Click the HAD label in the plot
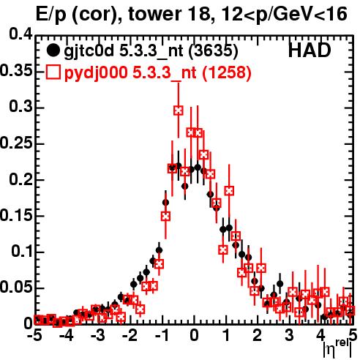(310, 50)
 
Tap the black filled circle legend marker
(53, 50)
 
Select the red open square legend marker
(53, 72)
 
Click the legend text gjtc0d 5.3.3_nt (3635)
(151, 52)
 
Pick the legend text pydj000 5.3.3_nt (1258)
(157, 73)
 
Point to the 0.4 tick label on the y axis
(20, 34)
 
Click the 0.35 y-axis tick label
(16, 71)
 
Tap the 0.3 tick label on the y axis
(20, 107)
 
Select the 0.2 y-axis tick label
(20, 179)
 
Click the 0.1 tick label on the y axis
(22, 252)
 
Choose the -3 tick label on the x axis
(98, 336)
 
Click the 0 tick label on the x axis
(194, 336)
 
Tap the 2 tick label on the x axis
(258, 336)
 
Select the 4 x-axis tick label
(320, 336)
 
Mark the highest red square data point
(179, 110)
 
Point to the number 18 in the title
(199, 14)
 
